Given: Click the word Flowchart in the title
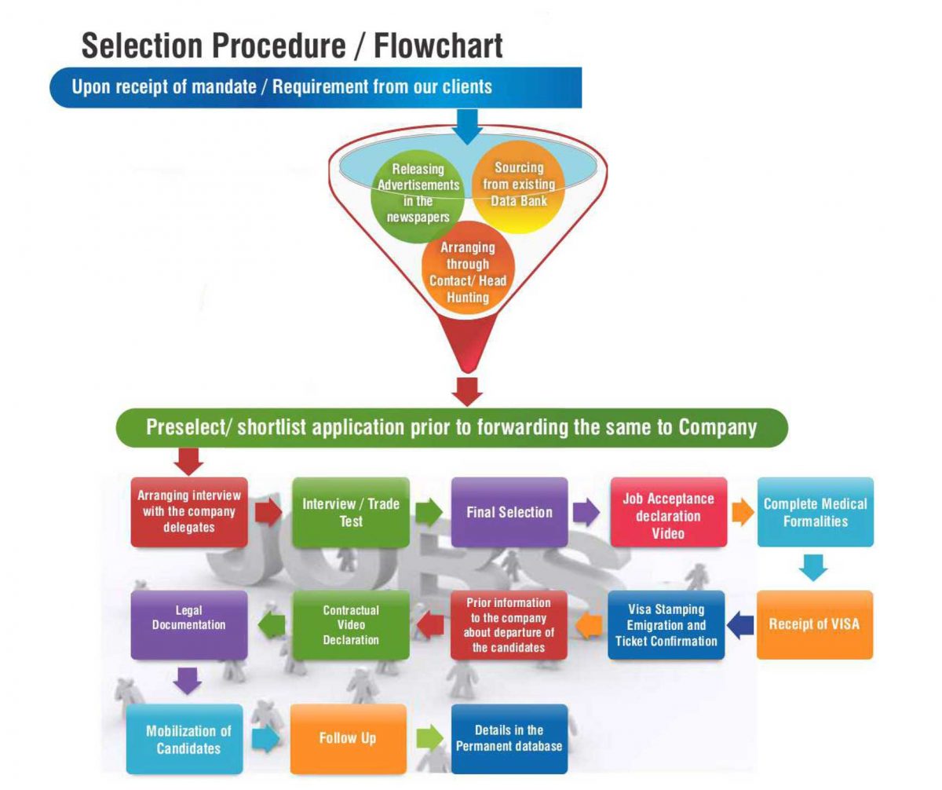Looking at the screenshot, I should (438, 46).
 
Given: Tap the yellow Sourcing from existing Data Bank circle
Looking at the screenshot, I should (518, 185).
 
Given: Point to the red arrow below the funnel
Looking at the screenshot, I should (468, 390).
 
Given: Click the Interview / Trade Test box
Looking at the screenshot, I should (351, 512).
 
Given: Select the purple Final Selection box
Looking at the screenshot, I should (509, 512).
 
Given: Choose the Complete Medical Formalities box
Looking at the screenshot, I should (815, 512).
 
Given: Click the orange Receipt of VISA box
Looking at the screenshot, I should (814, 624).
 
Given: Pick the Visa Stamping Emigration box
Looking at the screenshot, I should (666, 625).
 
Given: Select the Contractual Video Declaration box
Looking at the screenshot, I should (351, 625).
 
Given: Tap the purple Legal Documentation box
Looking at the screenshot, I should (189, 625).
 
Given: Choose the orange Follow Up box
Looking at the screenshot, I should (348, 738).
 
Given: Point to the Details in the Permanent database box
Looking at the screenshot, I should (509, 738).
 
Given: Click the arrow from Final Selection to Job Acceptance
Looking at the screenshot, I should (586, 512).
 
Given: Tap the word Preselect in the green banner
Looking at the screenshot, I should (188, 427).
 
